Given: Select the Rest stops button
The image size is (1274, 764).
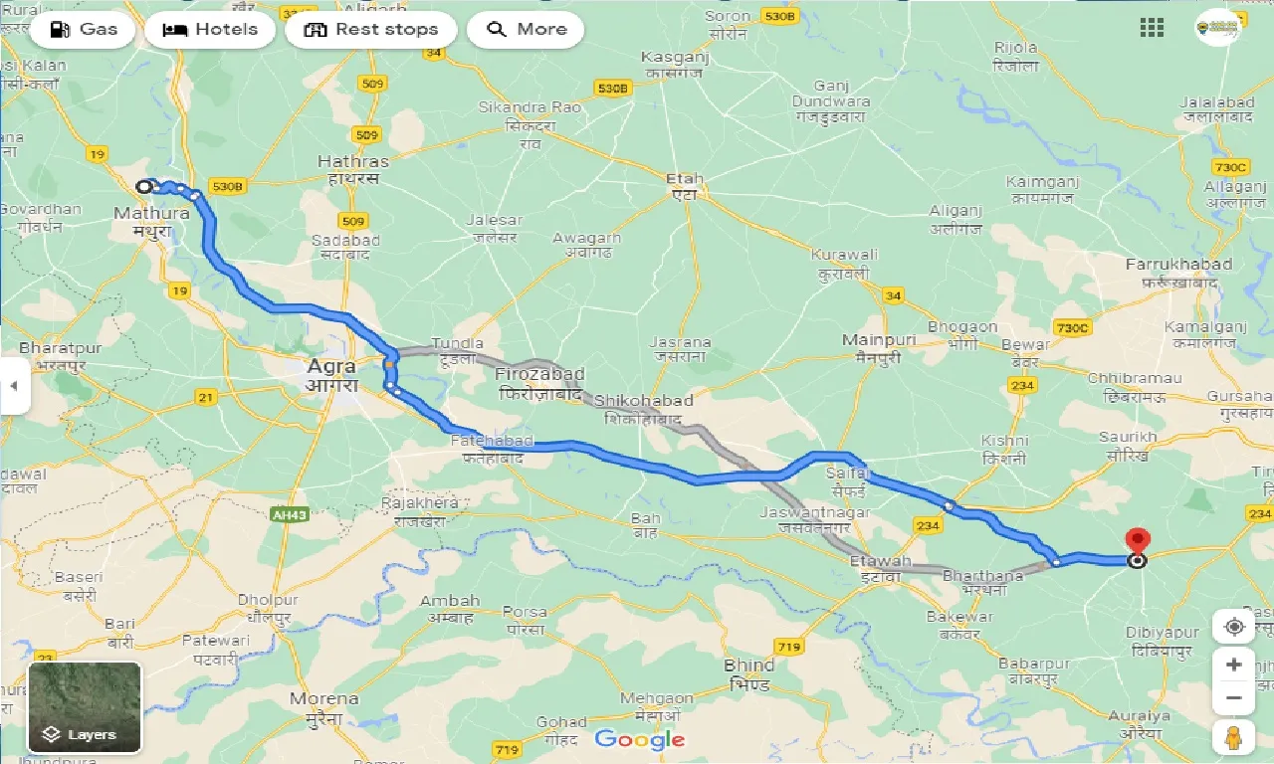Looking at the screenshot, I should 370,29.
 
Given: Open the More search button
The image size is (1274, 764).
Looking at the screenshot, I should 526,29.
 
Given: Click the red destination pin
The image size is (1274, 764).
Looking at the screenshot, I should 1137,541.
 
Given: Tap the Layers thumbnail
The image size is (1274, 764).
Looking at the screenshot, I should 85,707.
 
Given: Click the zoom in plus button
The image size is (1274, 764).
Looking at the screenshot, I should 1234,665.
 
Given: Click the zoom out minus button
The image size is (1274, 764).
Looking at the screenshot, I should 1234,698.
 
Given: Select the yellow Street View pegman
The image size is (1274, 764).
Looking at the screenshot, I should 1234,737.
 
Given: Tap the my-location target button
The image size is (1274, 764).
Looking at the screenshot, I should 1234,627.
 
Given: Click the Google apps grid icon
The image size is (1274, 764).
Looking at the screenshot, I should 1152,28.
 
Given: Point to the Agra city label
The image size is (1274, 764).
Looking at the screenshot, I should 331,366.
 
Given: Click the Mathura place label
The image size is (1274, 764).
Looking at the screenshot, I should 151,213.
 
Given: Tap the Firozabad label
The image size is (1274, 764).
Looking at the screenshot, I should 539,375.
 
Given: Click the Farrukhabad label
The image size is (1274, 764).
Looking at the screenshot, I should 1178,265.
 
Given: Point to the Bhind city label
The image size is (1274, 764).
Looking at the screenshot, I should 748,666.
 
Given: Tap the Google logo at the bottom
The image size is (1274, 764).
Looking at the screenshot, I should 640,739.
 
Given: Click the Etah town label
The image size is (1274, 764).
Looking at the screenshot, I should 685,180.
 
